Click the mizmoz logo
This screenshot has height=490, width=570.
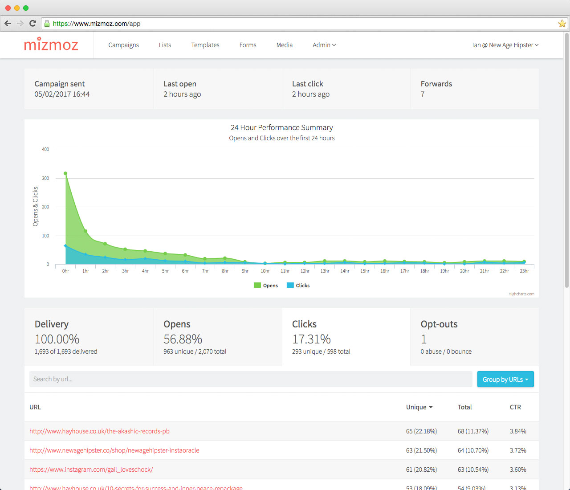tap(51, 45)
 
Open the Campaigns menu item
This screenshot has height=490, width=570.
tap(123, 45)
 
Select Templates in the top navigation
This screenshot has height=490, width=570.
tap(205, 45)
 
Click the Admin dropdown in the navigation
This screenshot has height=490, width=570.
tap(324, 45)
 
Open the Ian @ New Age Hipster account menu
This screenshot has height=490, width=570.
tap(505, 45)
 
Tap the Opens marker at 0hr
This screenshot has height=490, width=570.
tap(65, 173)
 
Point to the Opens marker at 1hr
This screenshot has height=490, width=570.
tap(85, 231)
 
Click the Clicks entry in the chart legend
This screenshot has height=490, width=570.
tap(298, 286)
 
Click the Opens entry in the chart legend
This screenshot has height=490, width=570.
tap(266, 286)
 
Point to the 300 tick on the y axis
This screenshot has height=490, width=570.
tap(45, 178)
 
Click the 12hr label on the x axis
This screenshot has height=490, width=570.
tap(305, 271)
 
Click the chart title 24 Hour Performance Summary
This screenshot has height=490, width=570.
tap(281, 128)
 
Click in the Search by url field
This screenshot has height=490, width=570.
tap(250, 379)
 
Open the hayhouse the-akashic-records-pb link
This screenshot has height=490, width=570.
tap(99, 431)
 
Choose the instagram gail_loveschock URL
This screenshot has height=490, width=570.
tap(91, 470)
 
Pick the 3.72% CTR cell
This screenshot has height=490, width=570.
tap(518, 450)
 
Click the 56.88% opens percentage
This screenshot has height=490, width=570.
tap(183, 339)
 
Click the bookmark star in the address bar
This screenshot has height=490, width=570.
tap(562, 24)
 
